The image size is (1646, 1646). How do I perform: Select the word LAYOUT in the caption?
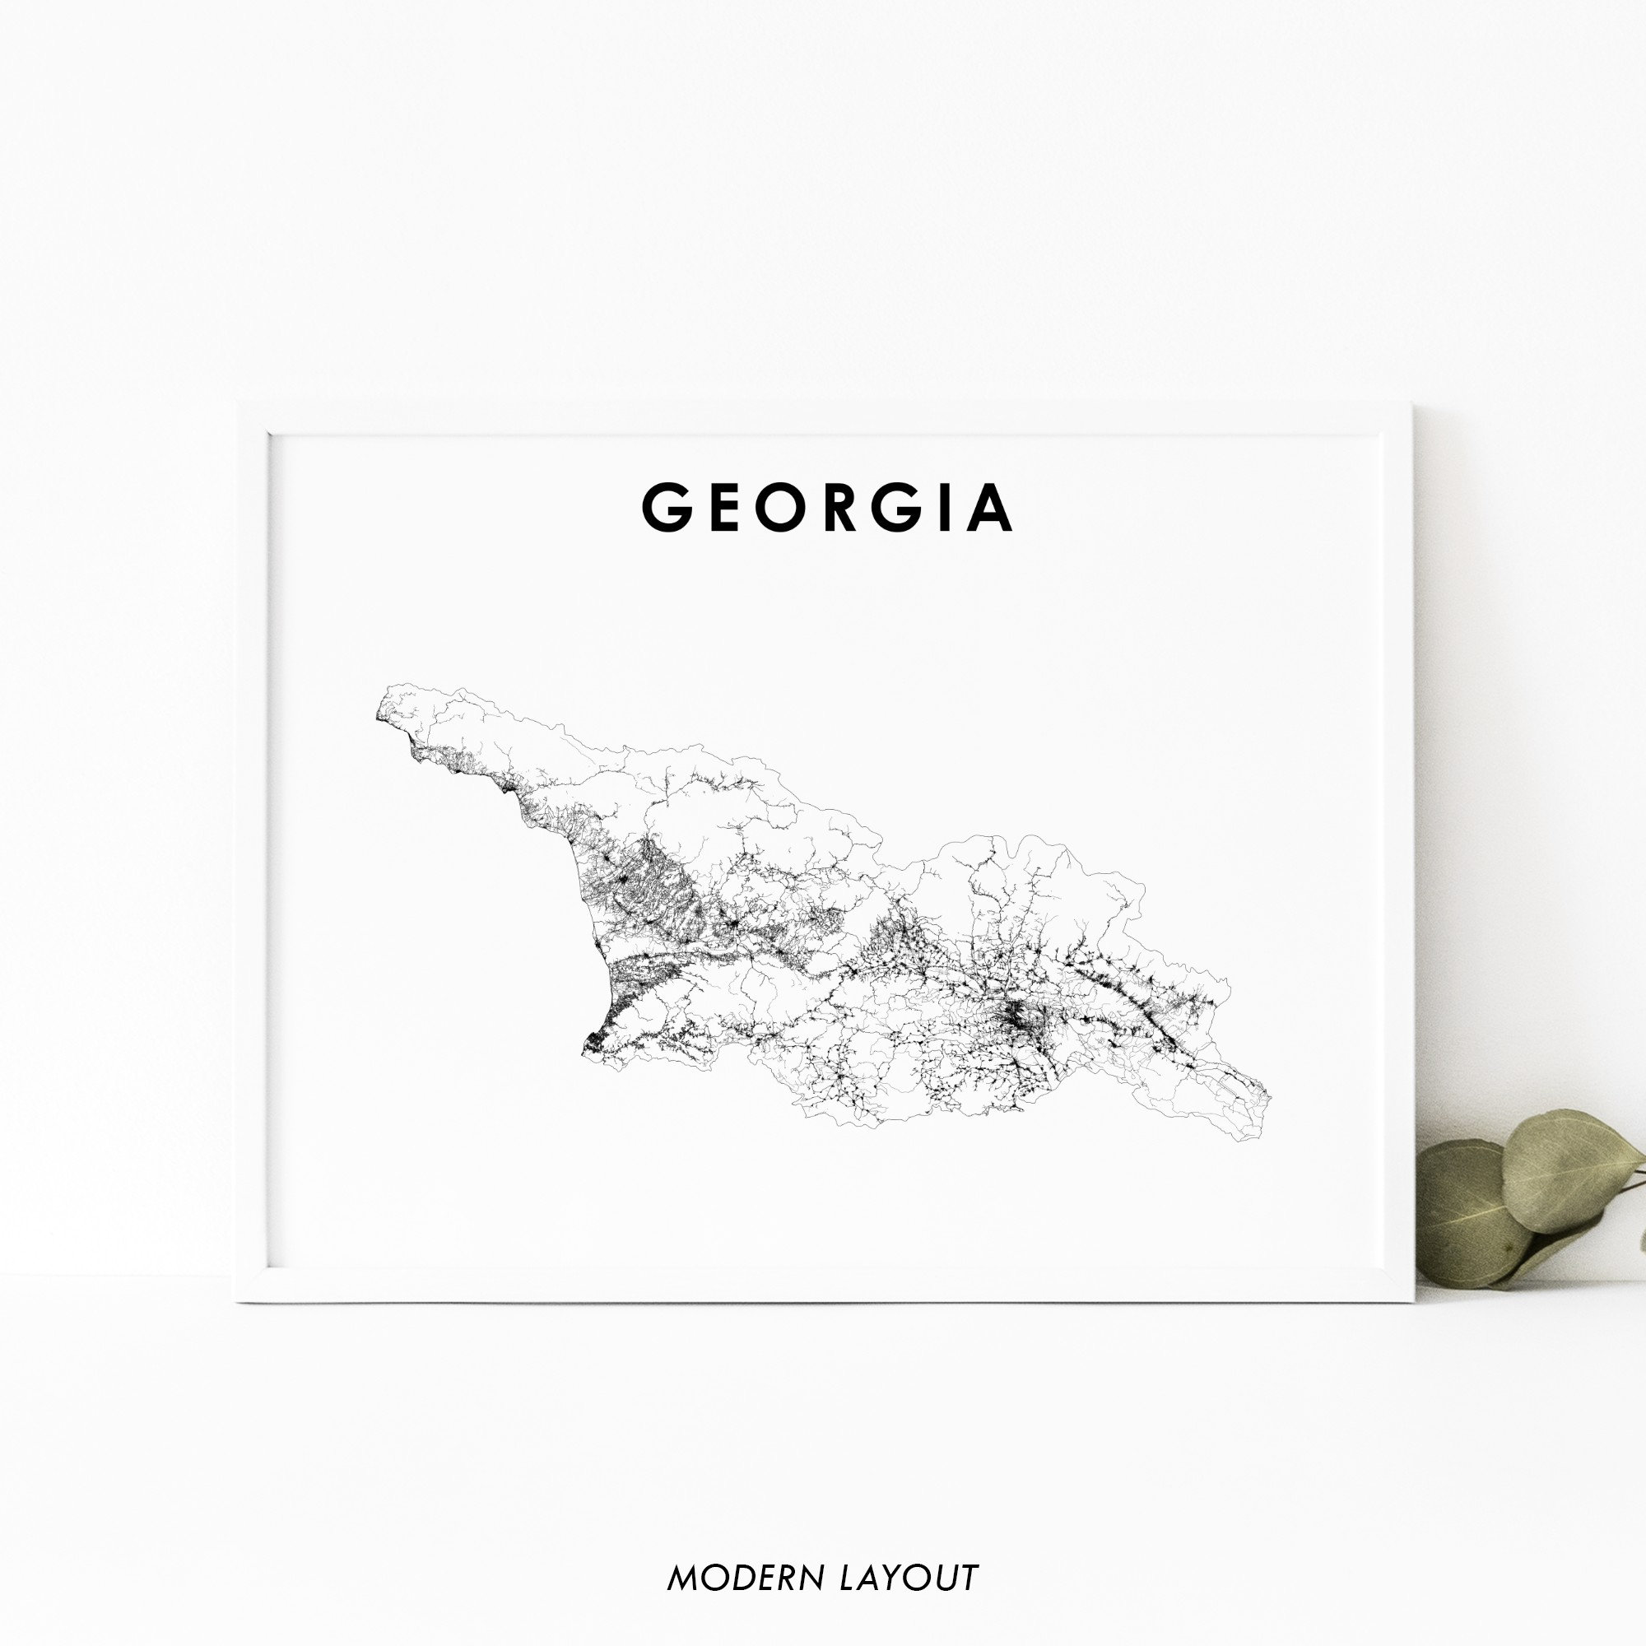point(909,1578)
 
